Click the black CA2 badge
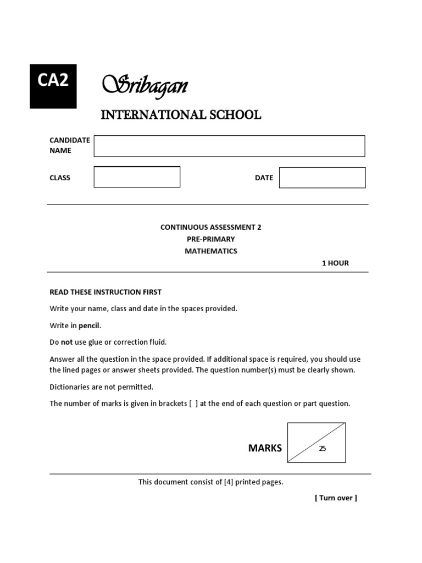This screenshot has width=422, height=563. click(x=53, y=85)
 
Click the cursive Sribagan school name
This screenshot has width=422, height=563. click(x=145, y=85)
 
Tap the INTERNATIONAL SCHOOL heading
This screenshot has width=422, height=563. click(x=180, y=115)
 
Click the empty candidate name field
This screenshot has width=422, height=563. click(x=229, y=146)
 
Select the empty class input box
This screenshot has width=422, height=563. click(x=137, y=177)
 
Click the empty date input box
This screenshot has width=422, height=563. click(x=322, y=178)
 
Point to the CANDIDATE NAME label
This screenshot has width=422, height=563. click(x=69, y=145)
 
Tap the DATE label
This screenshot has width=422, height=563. click(x=264, y=178)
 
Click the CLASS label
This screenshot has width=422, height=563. click(x=60, y=178)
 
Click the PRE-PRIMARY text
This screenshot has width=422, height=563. click(x=210, y=239)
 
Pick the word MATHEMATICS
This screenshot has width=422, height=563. click(x=210, y=251)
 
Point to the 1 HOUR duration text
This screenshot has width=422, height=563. click(x=335, y=263)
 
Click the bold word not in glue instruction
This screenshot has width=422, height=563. click(x=66, y=342)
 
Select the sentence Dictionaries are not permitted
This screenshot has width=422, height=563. click(x=102, y=387)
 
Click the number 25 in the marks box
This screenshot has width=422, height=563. click(x=323, y=449)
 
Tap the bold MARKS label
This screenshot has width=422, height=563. click(x=265, y=448)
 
